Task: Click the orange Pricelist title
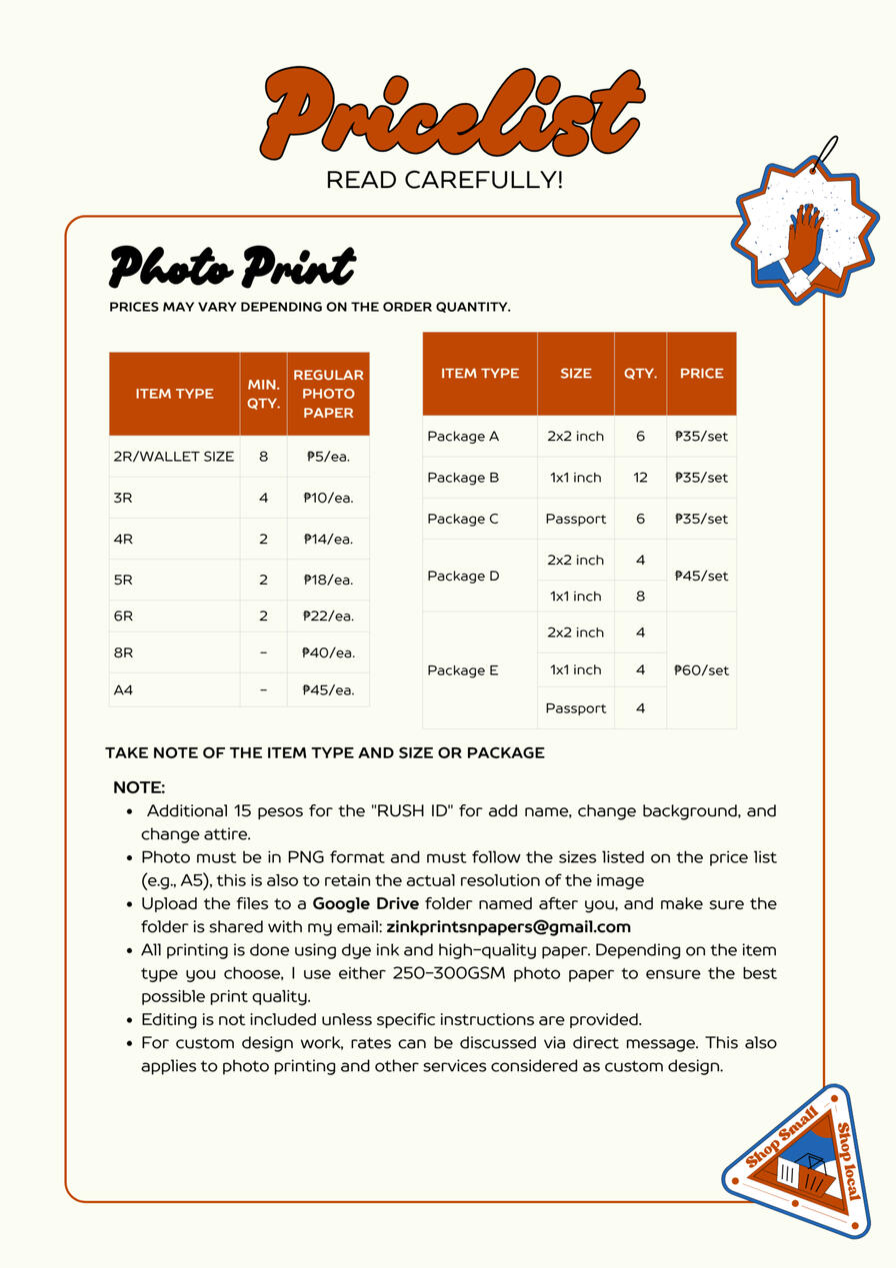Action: point(451,115)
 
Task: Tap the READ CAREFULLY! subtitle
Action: point(445,181)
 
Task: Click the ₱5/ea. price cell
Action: point(328,456)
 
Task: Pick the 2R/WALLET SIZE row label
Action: point(174,456)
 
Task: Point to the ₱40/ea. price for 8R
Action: point(328,652)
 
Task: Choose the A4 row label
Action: point(123,689)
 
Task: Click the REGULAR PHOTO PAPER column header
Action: point(328,393)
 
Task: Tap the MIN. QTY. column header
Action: point(263,393)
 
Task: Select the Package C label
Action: point(463,519)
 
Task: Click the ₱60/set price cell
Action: point(701,669)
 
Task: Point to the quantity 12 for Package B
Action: point(640,478)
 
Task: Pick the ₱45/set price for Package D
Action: point(701,576)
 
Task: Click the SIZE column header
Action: point(576,373)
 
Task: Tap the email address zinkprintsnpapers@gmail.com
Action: point(508,926)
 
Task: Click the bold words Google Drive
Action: point(365,903)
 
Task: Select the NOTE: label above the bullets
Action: point(139,787)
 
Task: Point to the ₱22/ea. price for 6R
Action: point(328,616)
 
